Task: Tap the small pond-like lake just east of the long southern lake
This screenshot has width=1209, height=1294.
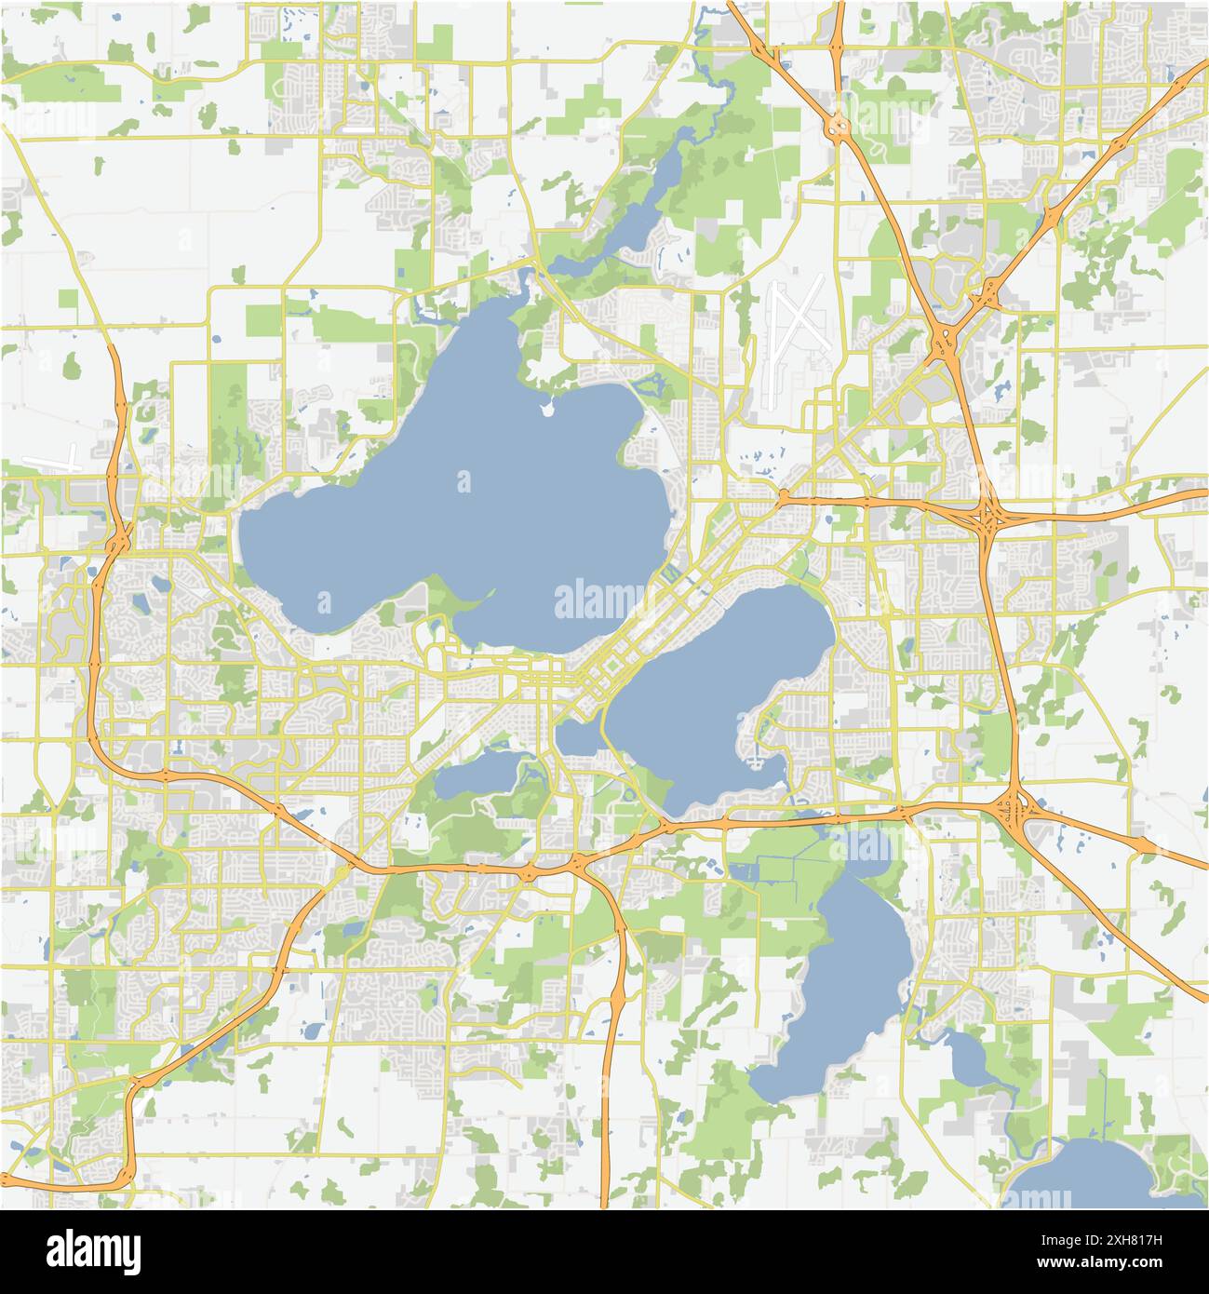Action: point(968,1061)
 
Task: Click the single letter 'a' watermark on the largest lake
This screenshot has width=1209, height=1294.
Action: point(463,481)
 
